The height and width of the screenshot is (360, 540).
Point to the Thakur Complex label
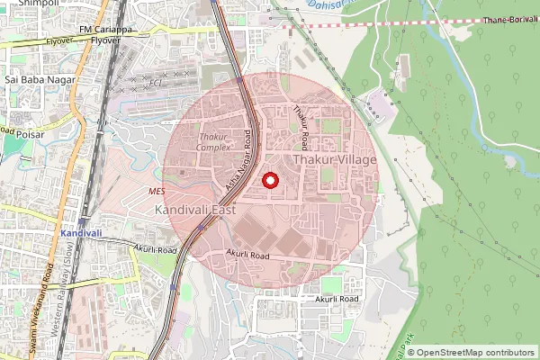point(215,141)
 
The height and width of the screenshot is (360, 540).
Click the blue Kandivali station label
point(79,233)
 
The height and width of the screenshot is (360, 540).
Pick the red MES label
point(157,192)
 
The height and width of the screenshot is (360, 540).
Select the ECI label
point(155,84)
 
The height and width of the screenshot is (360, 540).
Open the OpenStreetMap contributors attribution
point(476,352)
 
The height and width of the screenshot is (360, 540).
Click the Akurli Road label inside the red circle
point(248,256)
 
